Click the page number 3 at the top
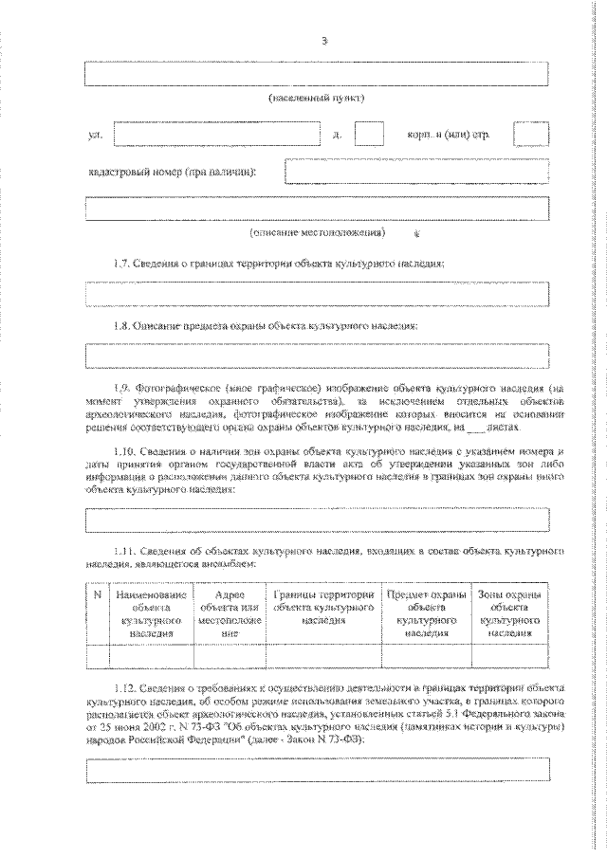324,41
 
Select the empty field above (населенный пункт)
317,75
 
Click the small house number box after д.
369,135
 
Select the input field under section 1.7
317,295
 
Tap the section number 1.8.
119,324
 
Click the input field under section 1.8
317,356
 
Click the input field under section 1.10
317,520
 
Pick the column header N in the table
97,594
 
